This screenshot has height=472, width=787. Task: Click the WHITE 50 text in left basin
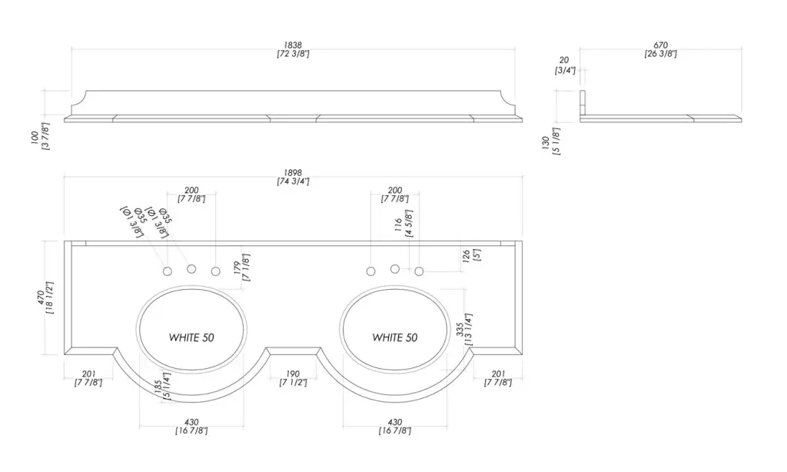coord(191,337)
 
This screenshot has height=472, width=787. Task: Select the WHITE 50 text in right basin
coord(394,337)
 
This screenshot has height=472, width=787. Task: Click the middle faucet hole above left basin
coord(191,269)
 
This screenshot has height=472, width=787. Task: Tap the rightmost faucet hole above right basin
coord(419,271)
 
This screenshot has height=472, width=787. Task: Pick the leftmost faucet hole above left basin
coord(168,271)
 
